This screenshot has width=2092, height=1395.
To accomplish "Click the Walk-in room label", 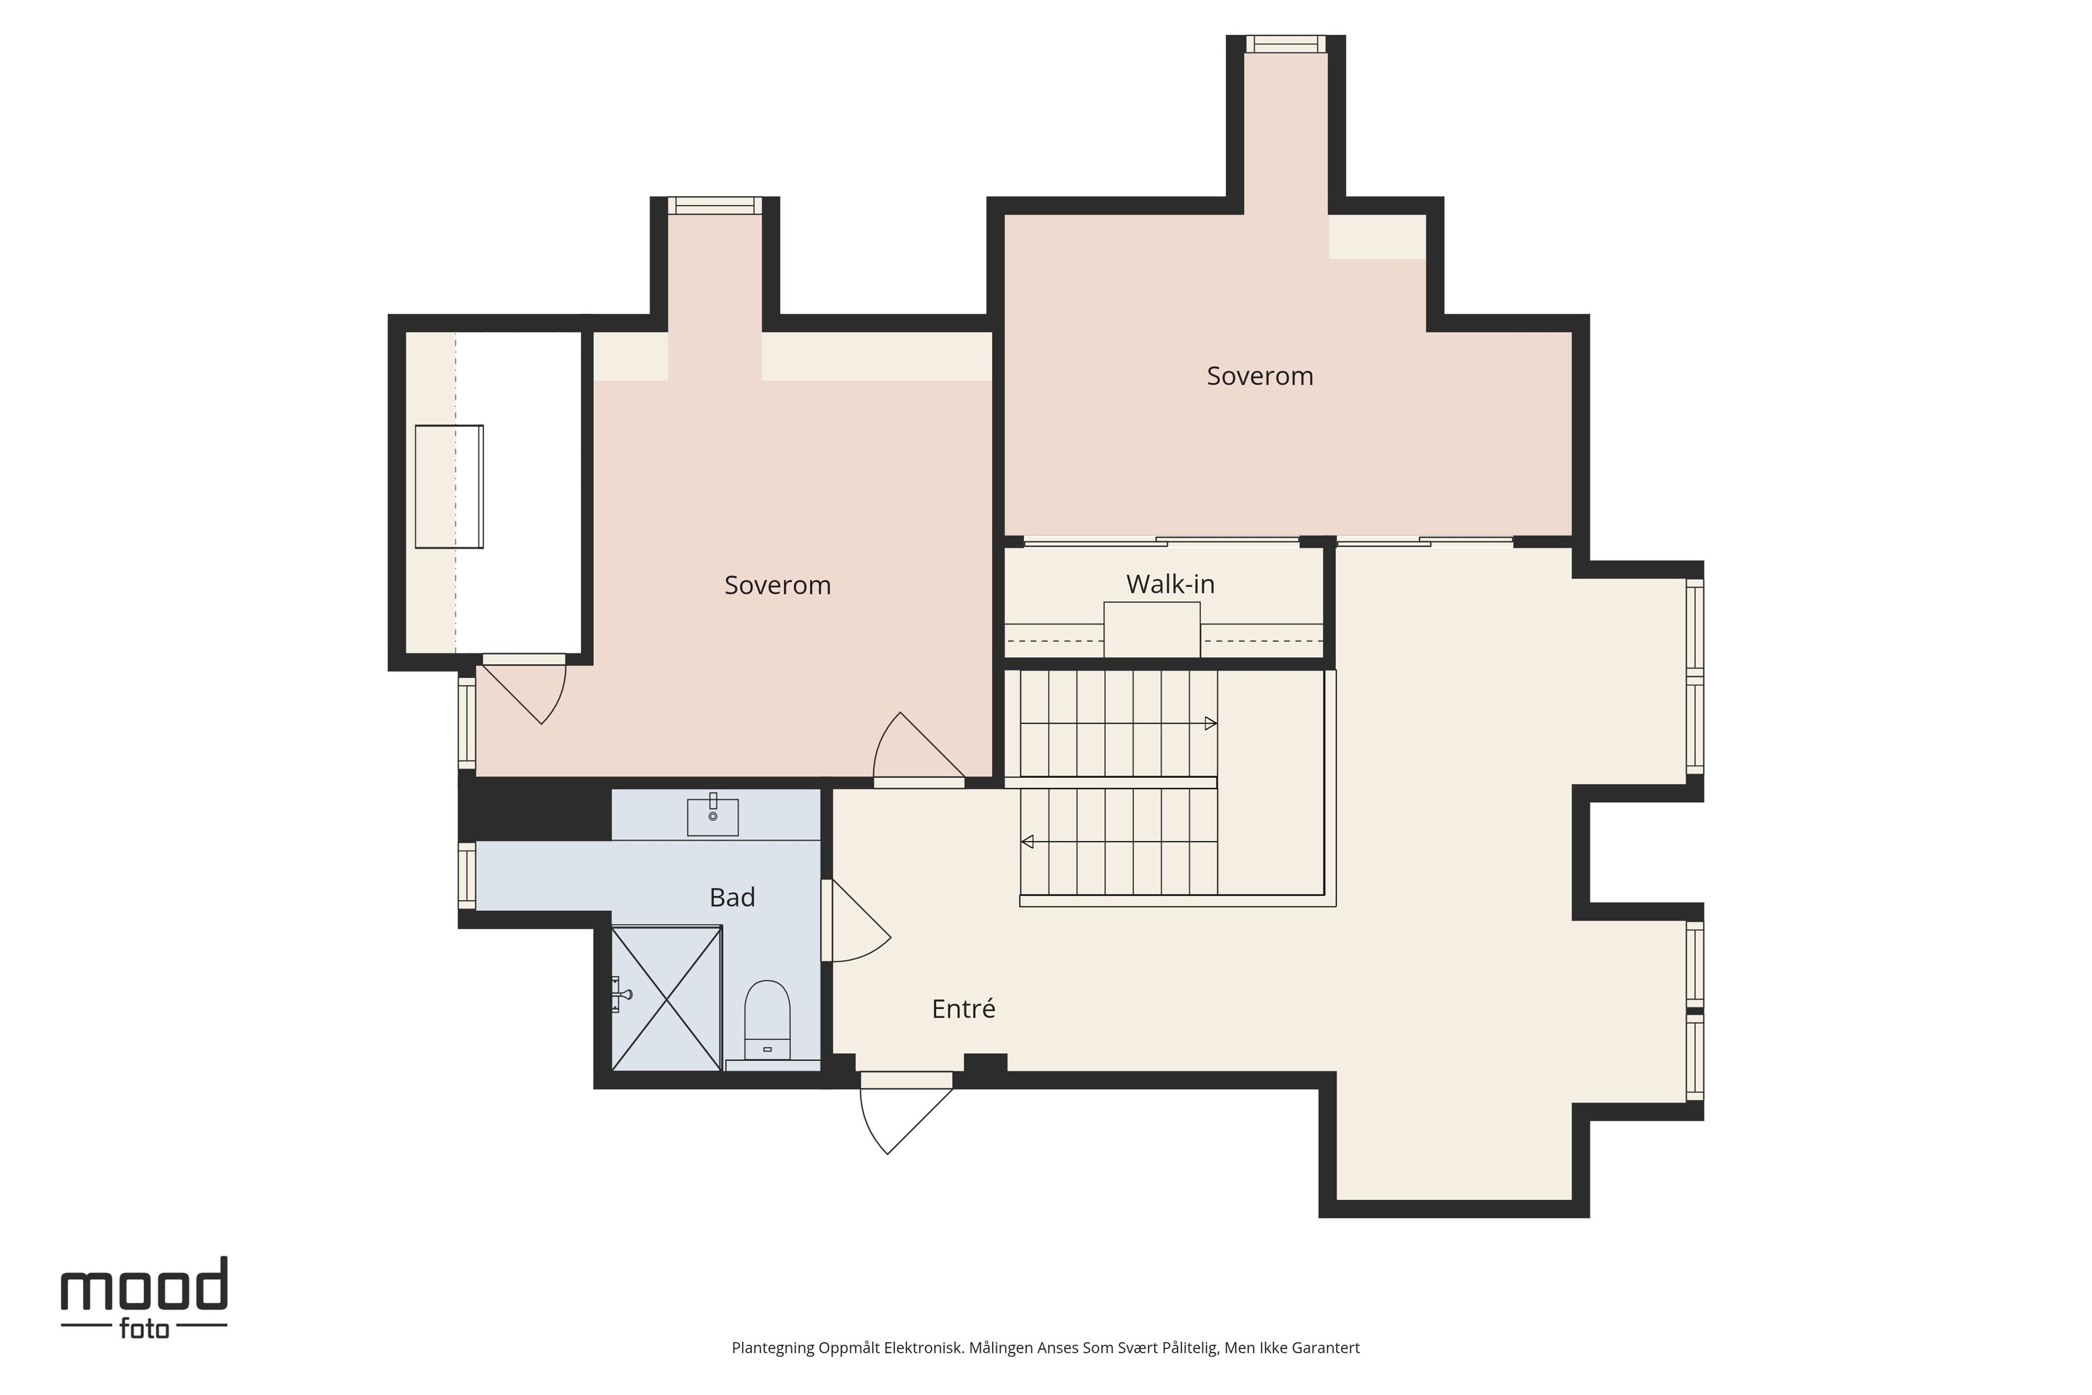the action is click(x=1170, y=585).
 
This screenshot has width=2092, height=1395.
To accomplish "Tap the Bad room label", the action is click(x=732, y=897).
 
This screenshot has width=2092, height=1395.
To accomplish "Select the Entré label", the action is click(x=963, y=1009).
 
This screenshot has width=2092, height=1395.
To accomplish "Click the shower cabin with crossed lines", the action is click(x=666, y=998).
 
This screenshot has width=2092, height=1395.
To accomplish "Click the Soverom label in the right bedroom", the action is click(x=1260, y=377).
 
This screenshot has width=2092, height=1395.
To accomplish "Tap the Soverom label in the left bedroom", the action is click(x=777, y=585).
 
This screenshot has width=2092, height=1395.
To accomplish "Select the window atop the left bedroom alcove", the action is click(x=715, y=205).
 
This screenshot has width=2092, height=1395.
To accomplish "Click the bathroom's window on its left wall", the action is click(x=467, y=876).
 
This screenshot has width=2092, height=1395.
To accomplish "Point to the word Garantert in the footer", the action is click(x=1325, y=1348).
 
